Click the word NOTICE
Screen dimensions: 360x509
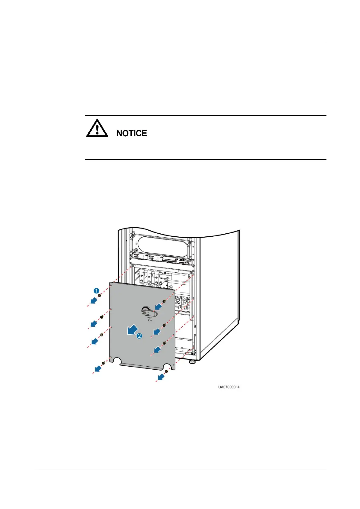coord(132,133)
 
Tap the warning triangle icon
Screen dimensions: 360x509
coord(97,128)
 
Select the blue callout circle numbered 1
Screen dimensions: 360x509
coord(96,291)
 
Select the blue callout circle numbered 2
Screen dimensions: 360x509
coord(139,336)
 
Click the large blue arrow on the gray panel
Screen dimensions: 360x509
coord(131,330)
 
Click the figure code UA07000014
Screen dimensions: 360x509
coord(229,387)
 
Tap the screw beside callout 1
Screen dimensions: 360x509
coord(99,295)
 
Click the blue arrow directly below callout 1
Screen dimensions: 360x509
coord(94,301)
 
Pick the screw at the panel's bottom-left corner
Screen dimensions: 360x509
coord(103,363)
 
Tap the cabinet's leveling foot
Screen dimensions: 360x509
coord(192,361)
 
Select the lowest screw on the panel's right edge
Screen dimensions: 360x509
coord(164,343)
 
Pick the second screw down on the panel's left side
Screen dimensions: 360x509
coord(102,317)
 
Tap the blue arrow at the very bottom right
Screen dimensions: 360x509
coord(161,377)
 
